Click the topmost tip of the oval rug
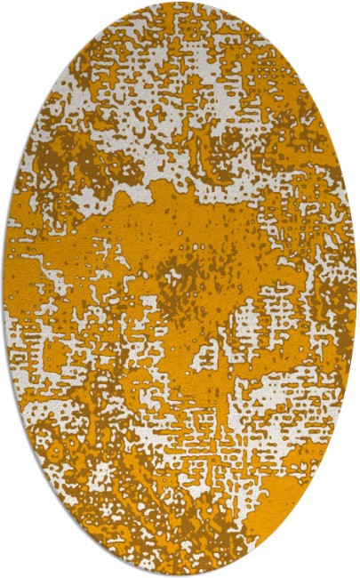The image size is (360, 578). tap(180, 4)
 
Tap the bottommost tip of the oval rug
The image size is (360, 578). tap(180, 574)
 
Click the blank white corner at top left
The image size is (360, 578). tap(18, 18)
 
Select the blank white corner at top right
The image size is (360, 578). tap(342, 18)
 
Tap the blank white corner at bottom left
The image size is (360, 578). tap(18, 560)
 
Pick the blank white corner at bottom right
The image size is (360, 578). tap(342, 560)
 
